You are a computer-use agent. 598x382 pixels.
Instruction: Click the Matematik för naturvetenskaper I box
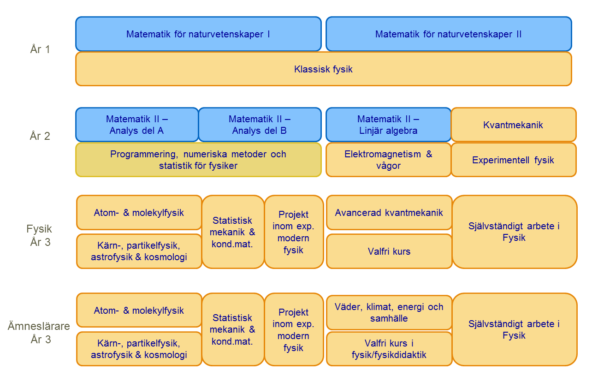tap(198, 34)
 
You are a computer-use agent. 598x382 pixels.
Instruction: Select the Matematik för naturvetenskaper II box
tap(449, 34)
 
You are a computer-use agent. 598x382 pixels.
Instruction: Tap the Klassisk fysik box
tap(324, 69)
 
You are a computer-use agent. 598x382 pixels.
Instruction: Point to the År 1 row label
tap(40, 49)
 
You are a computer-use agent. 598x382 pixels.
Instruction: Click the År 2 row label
tap(40, 136)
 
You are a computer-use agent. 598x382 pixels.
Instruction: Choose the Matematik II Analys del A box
tap(137, 125)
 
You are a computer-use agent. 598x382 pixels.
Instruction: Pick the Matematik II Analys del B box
tap(260, 125)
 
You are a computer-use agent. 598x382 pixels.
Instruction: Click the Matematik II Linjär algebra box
tap(388, 125)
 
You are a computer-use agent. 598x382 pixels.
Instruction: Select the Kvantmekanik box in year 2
tap(513, 125)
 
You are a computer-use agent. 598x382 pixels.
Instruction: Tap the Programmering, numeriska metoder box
tap(198, 160)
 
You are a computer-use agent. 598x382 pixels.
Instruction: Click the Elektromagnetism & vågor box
tap(388, 160)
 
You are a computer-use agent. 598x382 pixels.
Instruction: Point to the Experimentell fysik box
tap(513, 160)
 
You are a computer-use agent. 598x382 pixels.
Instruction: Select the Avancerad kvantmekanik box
tap(389, 212)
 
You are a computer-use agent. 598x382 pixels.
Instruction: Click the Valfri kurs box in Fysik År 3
tap(389, 251)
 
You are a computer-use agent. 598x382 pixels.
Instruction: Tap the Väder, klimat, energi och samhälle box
tap(389, 312)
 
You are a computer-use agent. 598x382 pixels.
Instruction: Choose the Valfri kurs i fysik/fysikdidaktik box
tap(389, 349)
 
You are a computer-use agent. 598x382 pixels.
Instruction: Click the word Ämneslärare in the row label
tap(39, 326)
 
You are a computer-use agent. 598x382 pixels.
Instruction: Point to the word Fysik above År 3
tap(39, 229)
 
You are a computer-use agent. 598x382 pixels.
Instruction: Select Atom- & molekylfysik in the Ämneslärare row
tap(139, 310)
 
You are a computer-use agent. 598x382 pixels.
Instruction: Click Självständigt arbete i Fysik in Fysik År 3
tap(515, 232)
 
